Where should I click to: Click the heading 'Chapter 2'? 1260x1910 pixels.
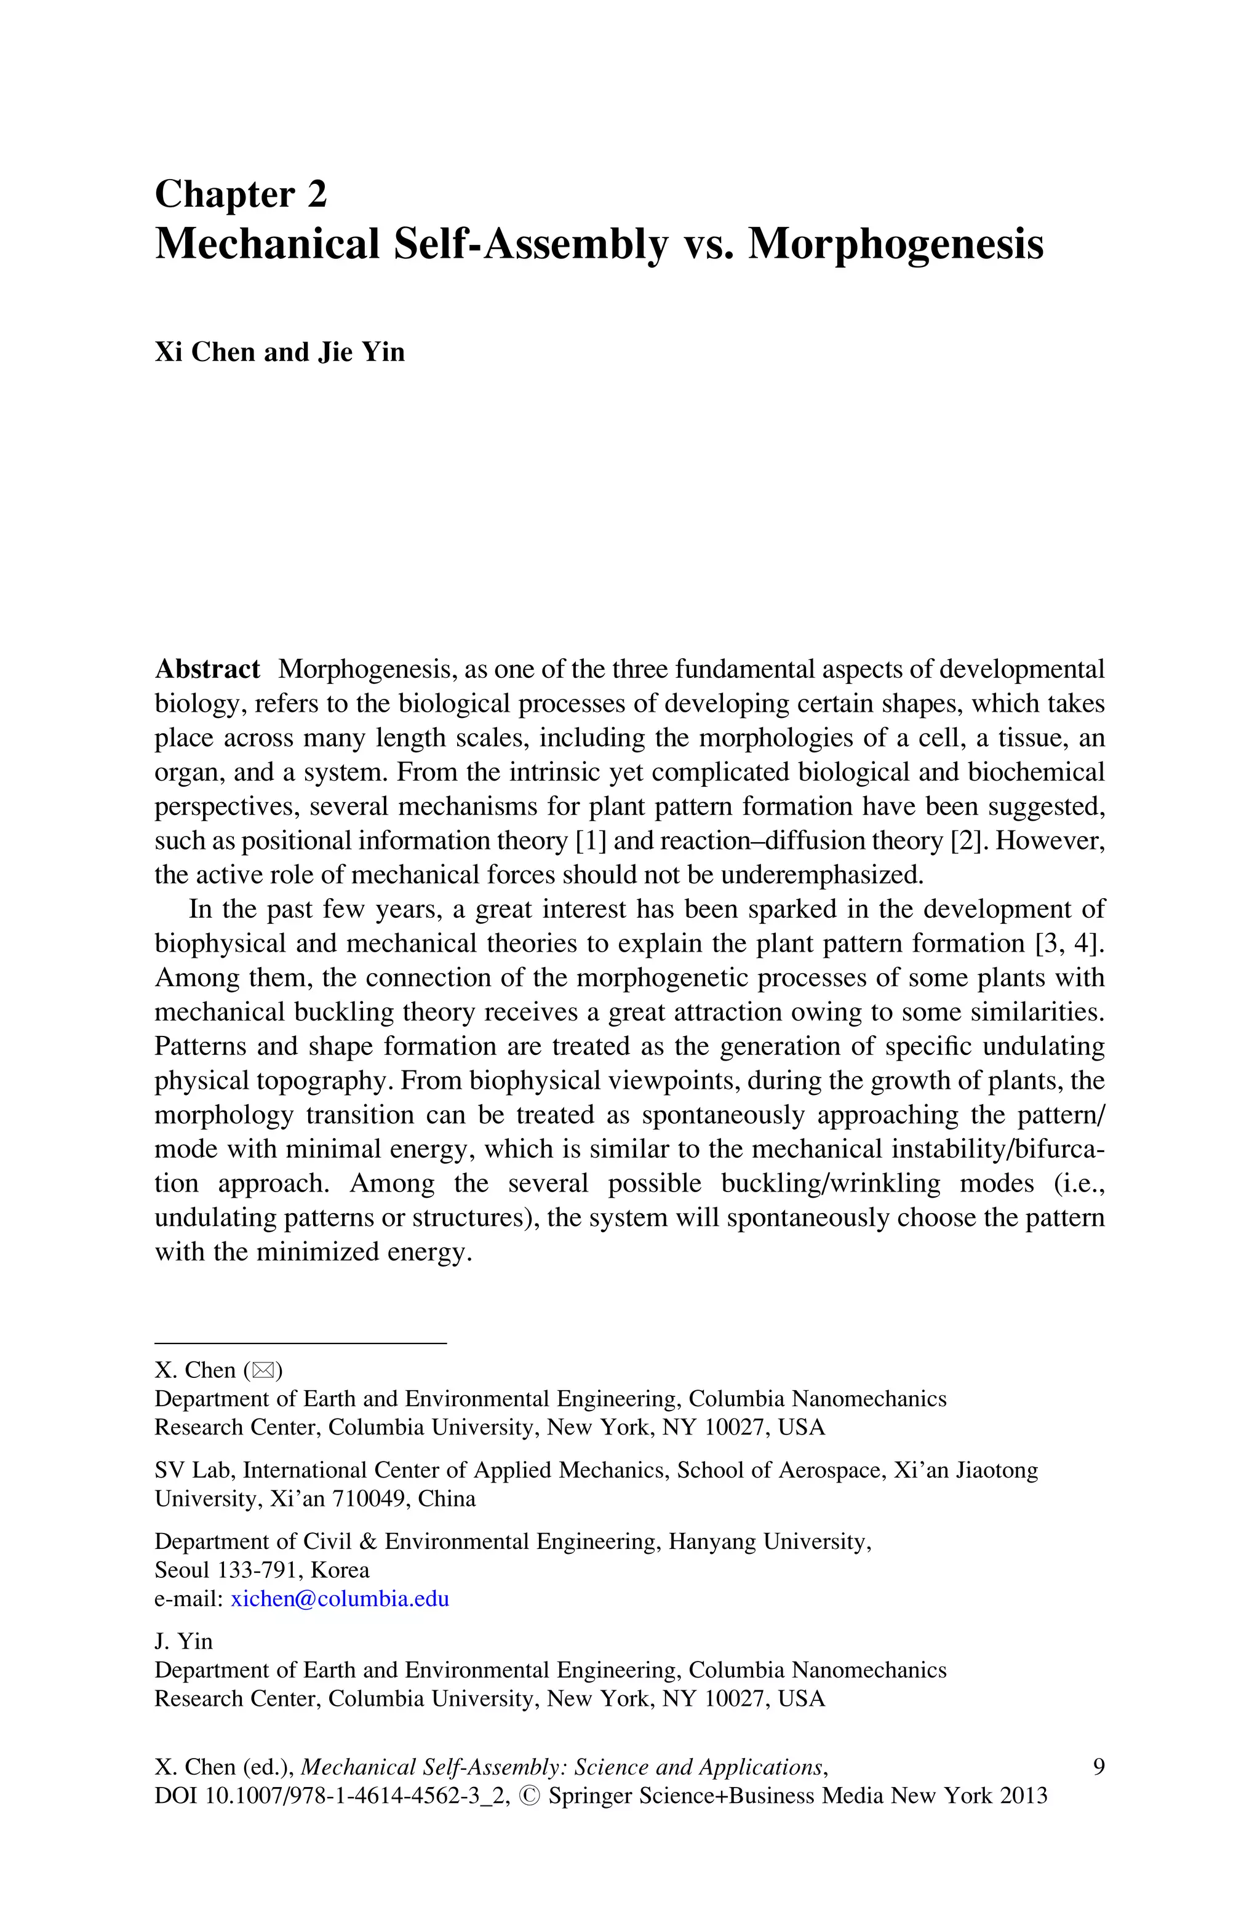pyautogui.click(x=241, y=194)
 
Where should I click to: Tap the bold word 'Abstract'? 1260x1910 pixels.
pyautogui.click(x=207, y=669)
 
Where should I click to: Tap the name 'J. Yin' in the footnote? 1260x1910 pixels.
pyautogui.click(x=183, y=1641)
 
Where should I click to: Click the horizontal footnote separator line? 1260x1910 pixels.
pyautogui.click(x=300, y=1343)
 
